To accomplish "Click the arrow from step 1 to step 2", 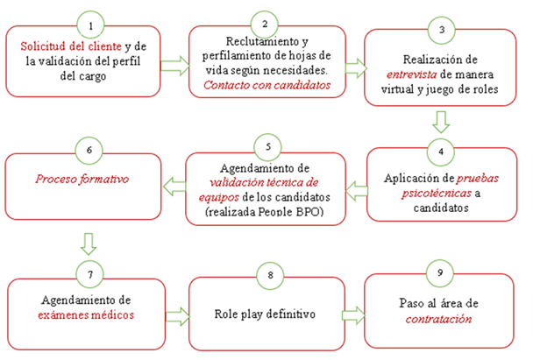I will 176,64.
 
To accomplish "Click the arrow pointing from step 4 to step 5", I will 356,185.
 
